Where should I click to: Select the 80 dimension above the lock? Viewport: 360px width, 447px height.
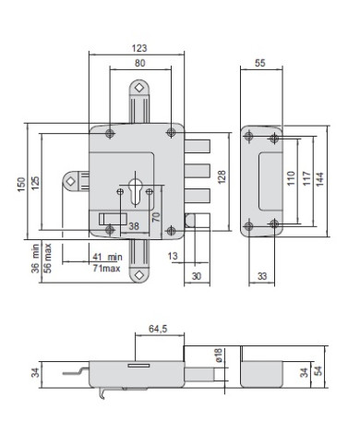point(139,63)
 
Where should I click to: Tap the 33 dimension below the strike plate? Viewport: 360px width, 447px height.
point(262,275)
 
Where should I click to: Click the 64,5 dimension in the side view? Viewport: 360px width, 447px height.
point(158,328)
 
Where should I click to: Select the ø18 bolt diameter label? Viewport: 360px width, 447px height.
point(219,356)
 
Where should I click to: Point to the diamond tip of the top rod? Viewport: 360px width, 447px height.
point(138,87)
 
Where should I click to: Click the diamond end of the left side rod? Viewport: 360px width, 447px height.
point(70,181)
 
